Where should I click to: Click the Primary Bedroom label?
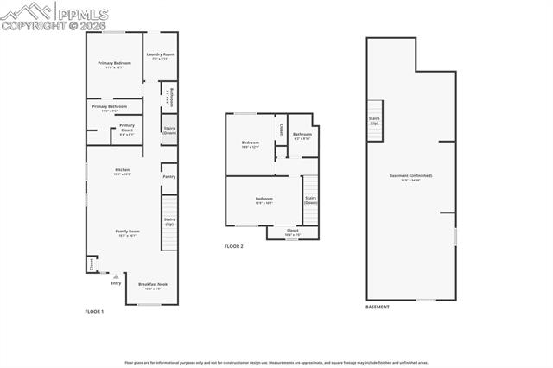coord(114,63)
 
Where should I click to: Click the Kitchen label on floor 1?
coord(123,170)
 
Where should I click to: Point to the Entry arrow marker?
coord(115,276)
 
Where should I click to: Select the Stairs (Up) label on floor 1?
coord(169,222)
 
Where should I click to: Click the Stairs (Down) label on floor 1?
coord(169,130)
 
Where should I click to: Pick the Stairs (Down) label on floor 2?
coord(310,200)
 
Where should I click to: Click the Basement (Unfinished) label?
coord(410,176)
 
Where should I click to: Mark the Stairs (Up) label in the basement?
coord(374,121)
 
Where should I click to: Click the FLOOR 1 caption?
coord(94,311)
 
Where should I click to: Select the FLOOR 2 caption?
coord(234,246)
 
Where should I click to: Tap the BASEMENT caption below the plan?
coord(378,307)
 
